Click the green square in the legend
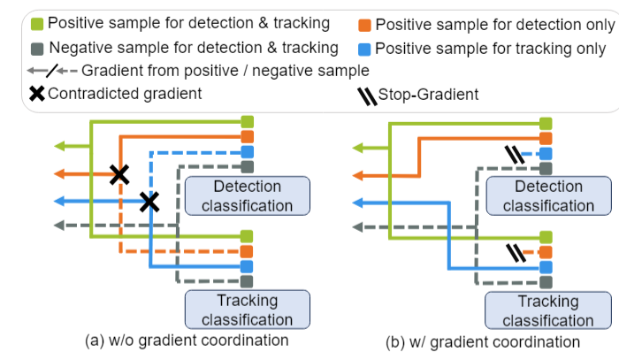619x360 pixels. point(37,22)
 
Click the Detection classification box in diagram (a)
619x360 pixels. point(248,196)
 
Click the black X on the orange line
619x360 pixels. point(118,174)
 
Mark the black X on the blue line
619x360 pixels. point(150,202)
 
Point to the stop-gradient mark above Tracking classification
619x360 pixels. point(512,253)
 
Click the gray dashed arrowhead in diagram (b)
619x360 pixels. point(359,226)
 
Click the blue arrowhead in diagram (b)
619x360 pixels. point(359,202)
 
